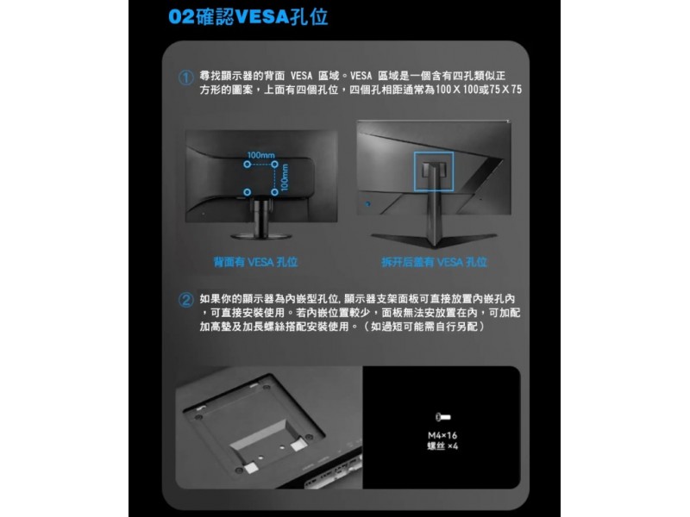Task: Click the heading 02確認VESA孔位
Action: (x=248, y=16)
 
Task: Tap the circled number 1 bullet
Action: (x=185, y=78)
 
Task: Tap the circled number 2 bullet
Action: (x=185, y=300)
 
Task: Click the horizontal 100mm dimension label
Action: (x=261, y=155)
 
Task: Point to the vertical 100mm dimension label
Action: (x=285, y=178)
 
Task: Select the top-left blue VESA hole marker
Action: (x=248, y=165)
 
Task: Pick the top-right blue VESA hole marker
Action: (x=274, y=165)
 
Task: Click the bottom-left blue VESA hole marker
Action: (x=248, y=192)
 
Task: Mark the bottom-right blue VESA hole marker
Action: (x=274, y=192)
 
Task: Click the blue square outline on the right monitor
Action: (x=415, y=171)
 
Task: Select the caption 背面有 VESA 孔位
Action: (x=255, y=262)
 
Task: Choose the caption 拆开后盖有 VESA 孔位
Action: (x=435, y=262)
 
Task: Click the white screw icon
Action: (x=442, y=417)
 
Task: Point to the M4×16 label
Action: (x=442, y=435)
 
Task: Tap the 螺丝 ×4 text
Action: (x=442, y=446)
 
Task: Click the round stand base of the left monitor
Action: (x=261, y=236)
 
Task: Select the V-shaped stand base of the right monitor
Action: (x=434, y=240)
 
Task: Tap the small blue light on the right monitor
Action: (x=368, y=204)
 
